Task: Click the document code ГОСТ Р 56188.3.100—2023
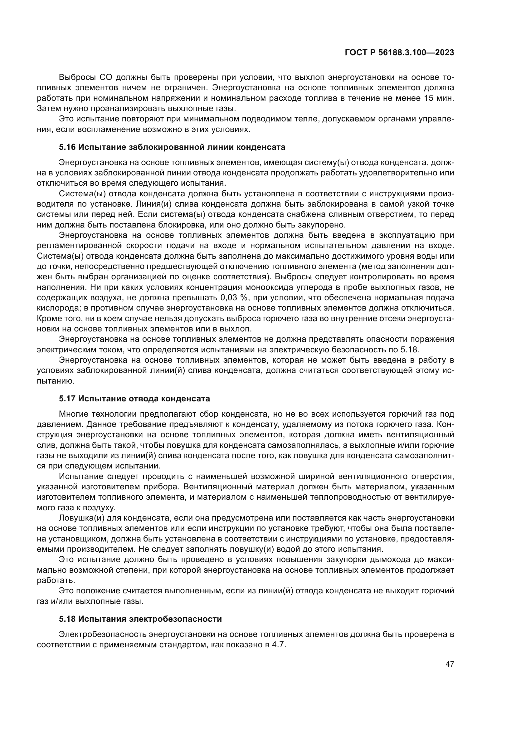coord(399,53)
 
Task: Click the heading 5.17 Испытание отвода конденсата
coord(134,399)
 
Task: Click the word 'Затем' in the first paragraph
coord(49,108)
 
